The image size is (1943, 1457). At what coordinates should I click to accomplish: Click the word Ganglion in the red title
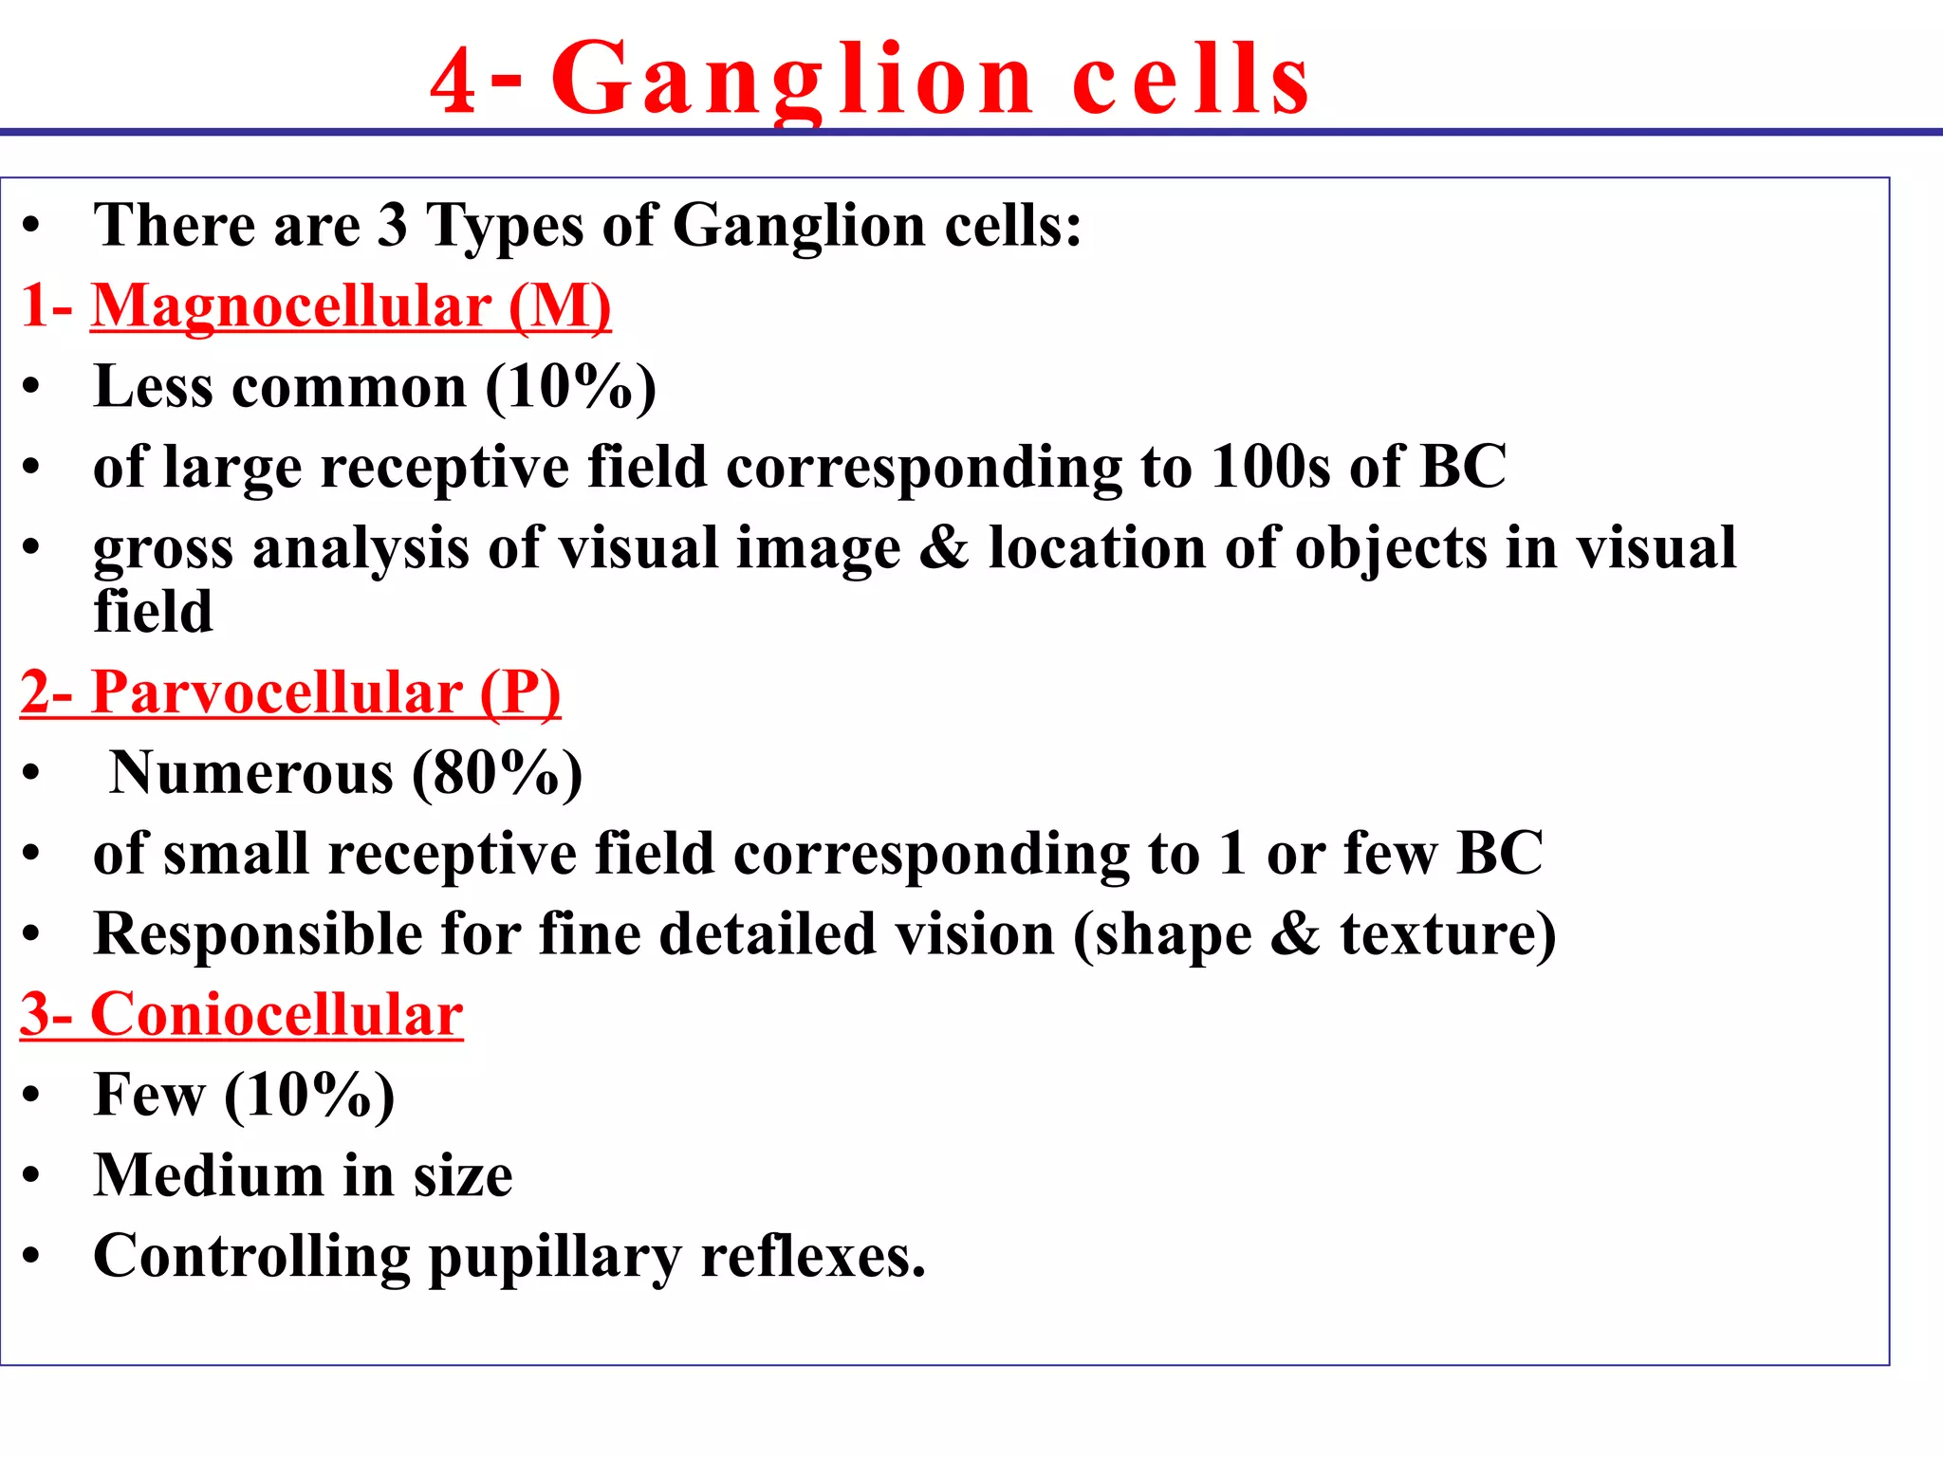tap(792, 82)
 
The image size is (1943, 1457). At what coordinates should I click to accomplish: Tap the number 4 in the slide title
tap(453, 83)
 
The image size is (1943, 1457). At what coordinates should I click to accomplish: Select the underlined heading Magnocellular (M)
tap(351, 306)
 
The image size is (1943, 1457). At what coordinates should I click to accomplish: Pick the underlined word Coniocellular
tap(276, 1015)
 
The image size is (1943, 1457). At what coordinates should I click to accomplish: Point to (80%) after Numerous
tap(497, 773)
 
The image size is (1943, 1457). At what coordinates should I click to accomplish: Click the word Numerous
tap(251, 773)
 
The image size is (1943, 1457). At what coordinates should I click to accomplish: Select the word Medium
tap(209, 1176)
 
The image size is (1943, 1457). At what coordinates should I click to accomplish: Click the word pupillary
tap(555, 1258)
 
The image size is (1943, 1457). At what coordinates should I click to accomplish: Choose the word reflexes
tap(812, 1257)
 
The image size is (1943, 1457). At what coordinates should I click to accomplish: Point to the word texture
tap(1447, 934)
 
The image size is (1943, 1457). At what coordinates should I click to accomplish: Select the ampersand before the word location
tap(944, 548)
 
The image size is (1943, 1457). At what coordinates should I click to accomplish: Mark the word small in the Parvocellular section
tap(236, 854)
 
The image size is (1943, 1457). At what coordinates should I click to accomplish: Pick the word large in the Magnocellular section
tap(232, 469)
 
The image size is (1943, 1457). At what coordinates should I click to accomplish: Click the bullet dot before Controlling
tap(32, 1257)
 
